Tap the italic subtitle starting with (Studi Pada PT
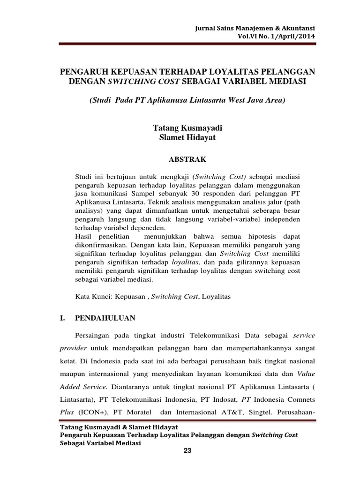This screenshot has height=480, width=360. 187,101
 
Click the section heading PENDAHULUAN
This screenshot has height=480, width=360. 105,318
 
